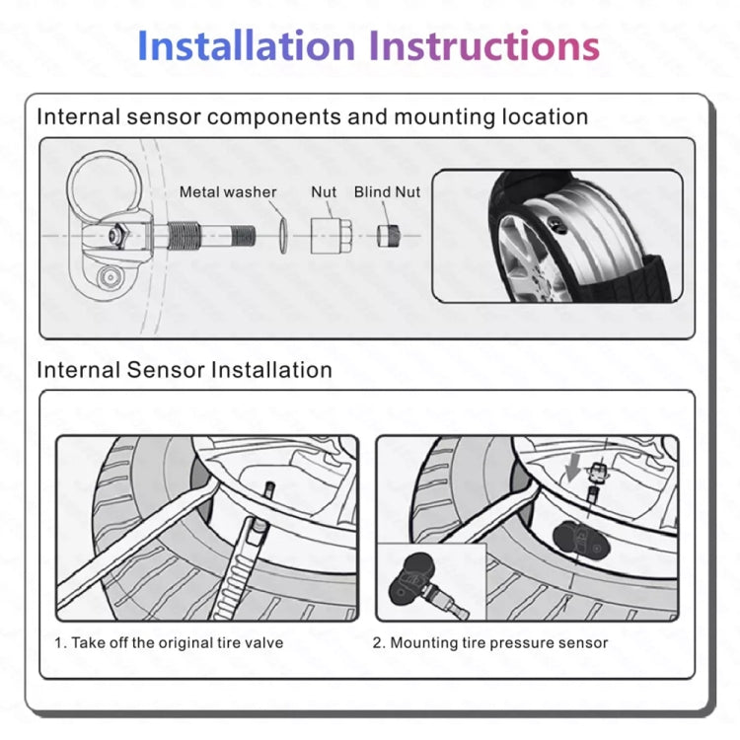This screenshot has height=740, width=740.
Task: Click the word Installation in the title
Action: [246, 46]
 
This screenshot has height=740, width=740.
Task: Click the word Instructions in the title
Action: [483, 46]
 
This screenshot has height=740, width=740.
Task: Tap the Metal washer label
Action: [228, 192]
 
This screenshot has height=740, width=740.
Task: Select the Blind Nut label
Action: [387, 192]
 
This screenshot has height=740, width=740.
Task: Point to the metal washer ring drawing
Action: [281, 236]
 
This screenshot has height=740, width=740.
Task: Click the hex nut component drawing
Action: [325, 236]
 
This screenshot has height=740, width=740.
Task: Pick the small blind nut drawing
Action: [388, 236]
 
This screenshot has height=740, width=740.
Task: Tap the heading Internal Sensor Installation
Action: [185, 370]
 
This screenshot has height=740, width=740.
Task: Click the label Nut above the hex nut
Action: [324, 192]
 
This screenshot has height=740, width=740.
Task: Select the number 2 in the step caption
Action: [377, 642]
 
